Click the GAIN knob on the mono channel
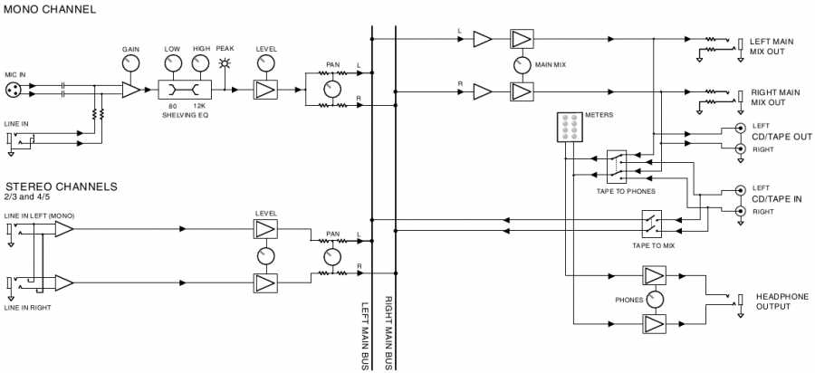point(131,63)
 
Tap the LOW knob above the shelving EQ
point(172,63)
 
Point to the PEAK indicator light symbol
point(225,64)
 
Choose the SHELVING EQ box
point(185,90)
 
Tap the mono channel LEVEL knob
point(265,63)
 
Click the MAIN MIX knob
point(522,65)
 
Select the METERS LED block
point(569,127)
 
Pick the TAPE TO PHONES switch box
point(617,167)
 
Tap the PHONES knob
point(654,300)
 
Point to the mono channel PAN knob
point(331,90)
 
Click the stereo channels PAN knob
point(331,256)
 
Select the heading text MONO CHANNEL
point(50,9)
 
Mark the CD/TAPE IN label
point(777,199)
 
